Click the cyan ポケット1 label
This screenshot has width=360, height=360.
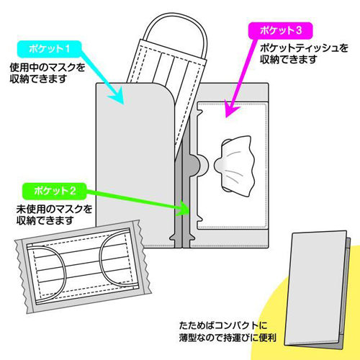(x=49, y=49)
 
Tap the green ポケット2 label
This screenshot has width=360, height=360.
(x=54, y=191)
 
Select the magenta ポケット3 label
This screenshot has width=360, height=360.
(x=281, y=30)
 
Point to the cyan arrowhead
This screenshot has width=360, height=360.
(x=117, y=96)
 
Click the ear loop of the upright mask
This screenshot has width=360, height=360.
(x=175, y=30)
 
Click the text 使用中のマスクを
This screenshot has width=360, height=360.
(x=48, y=68)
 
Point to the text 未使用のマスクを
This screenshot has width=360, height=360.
(x=54, y=209)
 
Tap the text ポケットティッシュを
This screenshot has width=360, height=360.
(x=304, y=48)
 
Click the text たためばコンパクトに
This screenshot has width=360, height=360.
(x=223, y=325)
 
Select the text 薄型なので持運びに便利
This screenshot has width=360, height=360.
(x=228, y=338)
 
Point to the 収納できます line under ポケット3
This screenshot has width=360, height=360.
(x=289, y=59)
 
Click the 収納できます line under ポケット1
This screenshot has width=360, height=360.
(x=38, y=78)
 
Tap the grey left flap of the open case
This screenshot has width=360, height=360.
(x=135, y=166)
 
